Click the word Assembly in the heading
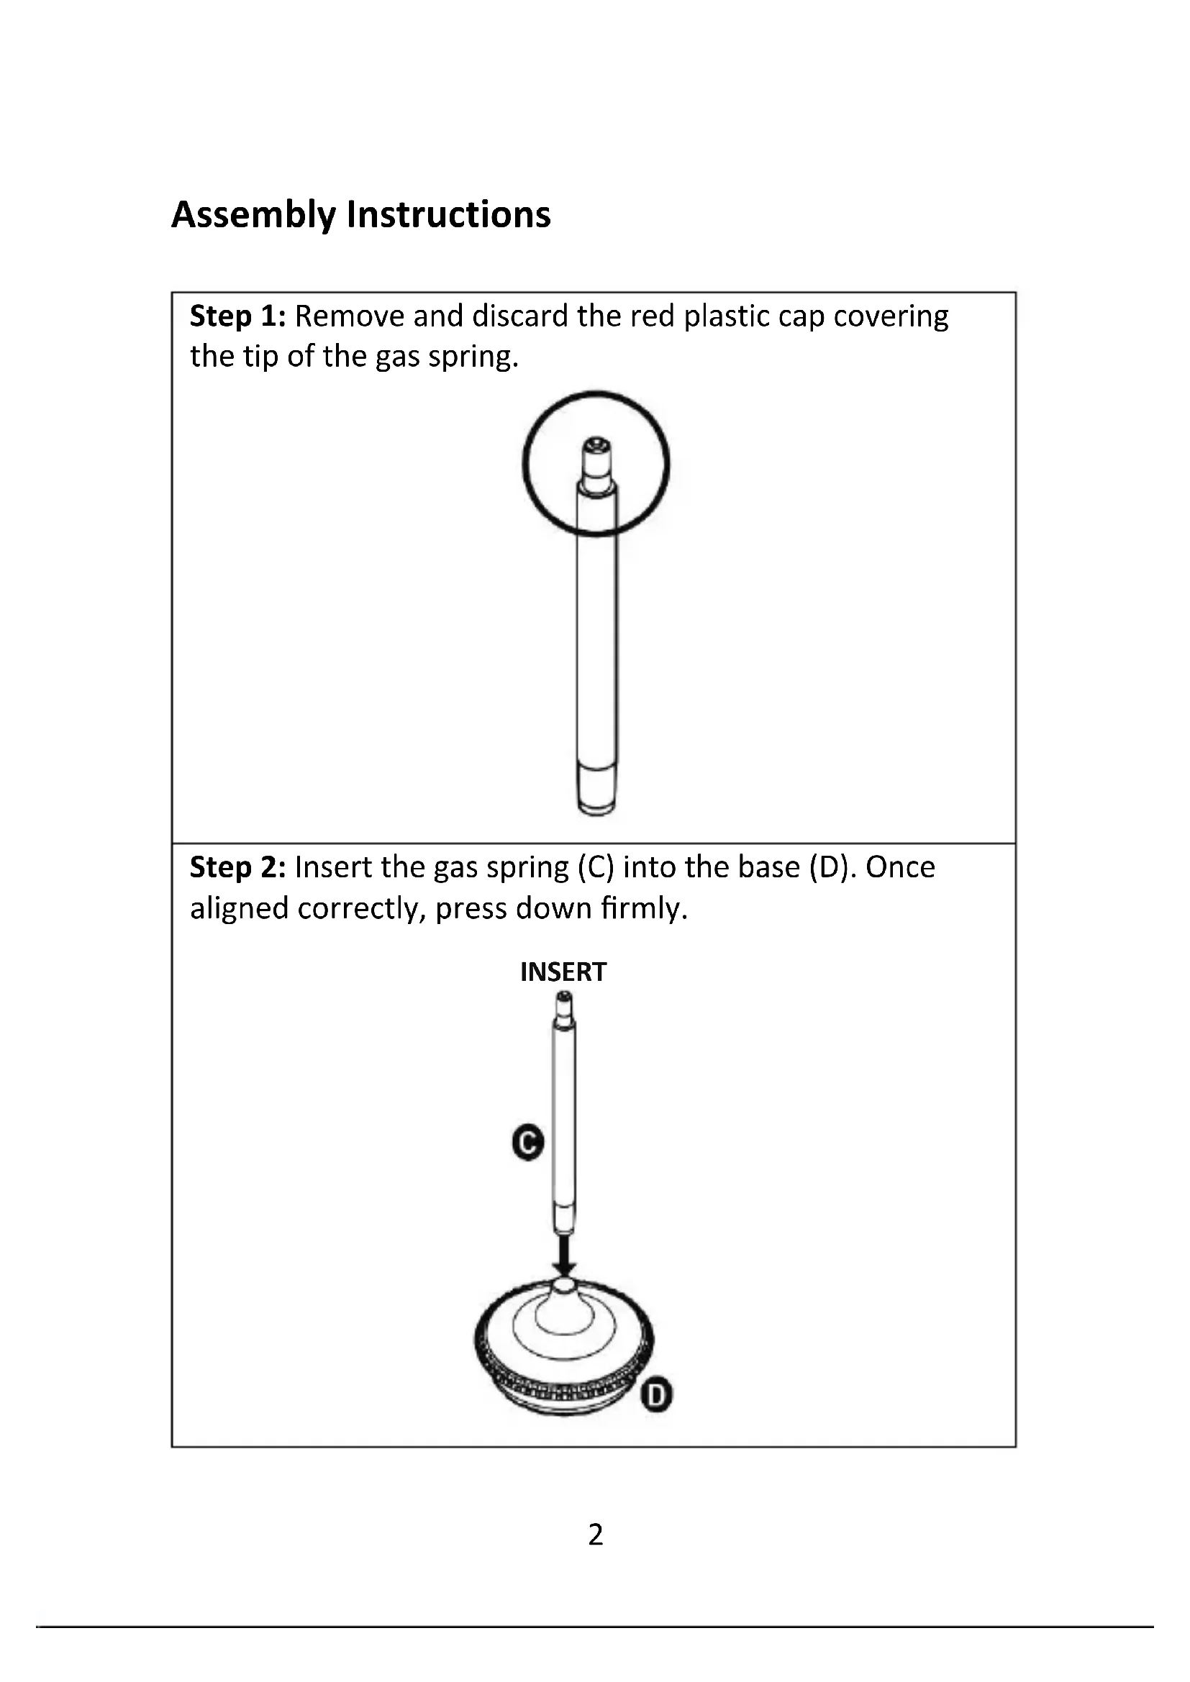(253, 216)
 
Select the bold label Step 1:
(237, 316)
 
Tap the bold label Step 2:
(237, 867)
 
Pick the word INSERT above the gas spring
(563, 972)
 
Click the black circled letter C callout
(527, 1142)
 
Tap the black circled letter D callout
(657, 1396)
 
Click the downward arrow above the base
(563, 1254)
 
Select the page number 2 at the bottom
(595, 1534)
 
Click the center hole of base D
(563, 1284)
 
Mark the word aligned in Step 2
(238, 909)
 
